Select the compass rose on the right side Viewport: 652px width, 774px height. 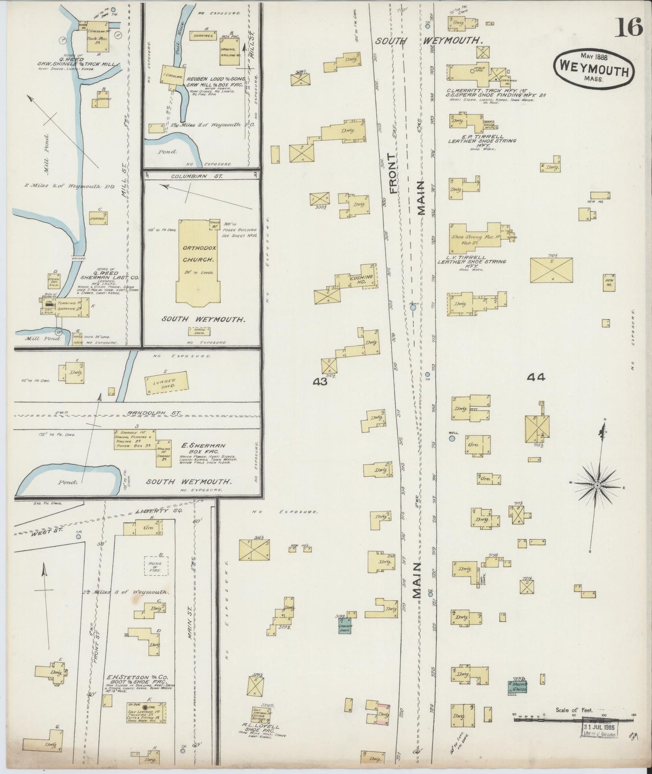(597, 485)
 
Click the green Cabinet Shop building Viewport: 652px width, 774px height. (346, 625)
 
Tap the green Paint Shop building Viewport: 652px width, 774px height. (517, 687)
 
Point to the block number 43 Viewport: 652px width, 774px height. (320, 382)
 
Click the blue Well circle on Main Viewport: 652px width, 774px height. (452, 437)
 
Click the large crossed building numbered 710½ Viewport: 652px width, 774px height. (551, 270)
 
